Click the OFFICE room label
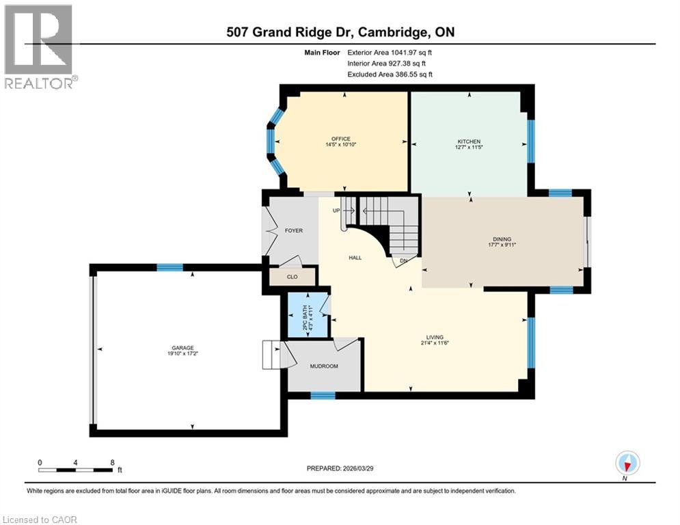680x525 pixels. [x=341, y=139]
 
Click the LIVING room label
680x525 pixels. [x=435, y=337]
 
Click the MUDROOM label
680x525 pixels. [x=324, y=366]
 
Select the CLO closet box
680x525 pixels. [x=293, y=278]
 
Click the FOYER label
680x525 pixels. [x=293, y=231]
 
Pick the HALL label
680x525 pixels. [x=355, y=258]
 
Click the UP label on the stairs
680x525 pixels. [x=337, y=211]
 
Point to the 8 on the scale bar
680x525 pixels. [x=112, y=462]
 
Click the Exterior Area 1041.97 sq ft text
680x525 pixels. [x=390, y=52]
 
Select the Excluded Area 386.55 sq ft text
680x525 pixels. [x=390, y=75]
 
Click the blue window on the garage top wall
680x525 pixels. [x=169, y=267]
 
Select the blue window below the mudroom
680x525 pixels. [x=323, y=395]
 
